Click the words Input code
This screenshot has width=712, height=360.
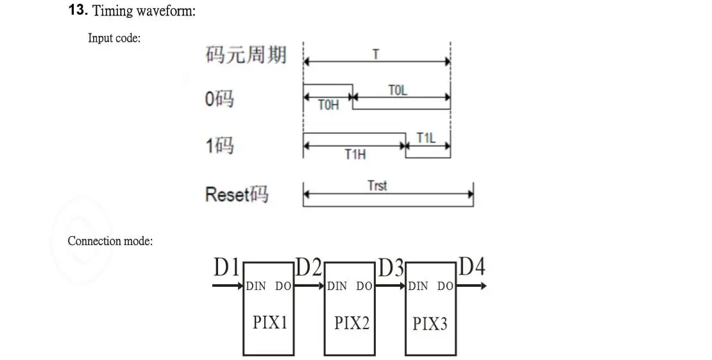coord(114,38)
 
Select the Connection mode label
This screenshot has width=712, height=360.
coord(110,241)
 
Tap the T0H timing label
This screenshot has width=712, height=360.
coord(328,105)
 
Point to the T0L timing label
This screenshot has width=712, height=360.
coord(398,90)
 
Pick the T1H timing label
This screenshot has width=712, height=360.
coord(355,155)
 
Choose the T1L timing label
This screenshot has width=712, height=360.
coord(426,138)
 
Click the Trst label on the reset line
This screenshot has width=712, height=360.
coord(377,185)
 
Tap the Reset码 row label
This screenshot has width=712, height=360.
coord(237,194)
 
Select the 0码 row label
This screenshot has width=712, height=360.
coord(219,99)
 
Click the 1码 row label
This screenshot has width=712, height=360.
coord(219,146)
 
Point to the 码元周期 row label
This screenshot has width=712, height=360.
coord(246,55)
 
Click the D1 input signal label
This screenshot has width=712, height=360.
coord(226,268)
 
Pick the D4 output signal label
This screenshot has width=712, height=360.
coord(471,266)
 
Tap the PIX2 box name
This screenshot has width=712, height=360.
coord(352,323)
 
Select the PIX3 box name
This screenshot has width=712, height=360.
coord(429,323)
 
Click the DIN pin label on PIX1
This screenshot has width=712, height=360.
coord(255,286)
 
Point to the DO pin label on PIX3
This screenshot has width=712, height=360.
coord(445,286)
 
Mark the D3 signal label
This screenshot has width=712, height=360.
coord(391,268)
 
